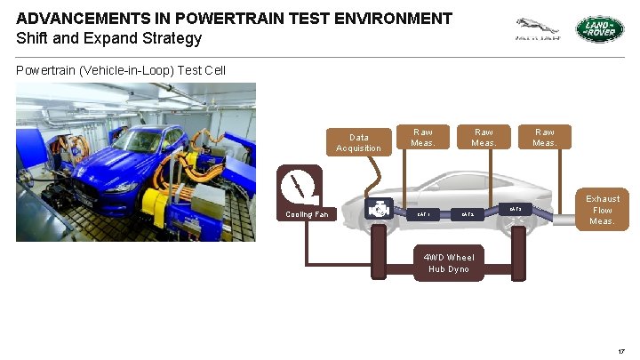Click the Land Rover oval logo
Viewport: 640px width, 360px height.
(x=600, y=29)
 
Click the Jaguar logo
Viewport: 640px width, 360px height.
(x=538, y=29)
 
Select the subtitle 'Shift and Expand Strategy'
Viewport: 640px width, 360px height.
(x=108, y=38)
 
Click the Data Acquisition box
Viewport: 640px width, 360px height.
(x=359, y=142)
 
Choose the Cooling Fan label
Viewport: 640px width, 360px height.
(x=307, y=214)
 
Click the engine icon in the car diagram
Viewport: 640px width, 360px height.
(x=379, y=211)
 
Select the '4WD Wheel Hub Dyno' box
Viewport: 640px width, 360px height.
(x=449, y=263)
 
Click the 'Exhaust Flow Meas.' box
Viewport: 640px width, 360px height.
(x=602, y=210)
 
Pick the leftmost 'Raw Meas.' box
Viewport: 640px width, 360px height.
(x=423, y=137)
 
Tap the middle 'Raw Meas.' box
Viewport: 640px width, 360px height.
(x=484, y=137)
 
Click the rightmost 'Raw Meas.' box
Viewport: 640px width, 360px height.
(x=544, y=137)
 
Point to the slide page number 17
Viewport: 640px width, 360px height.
(x=620, y=352)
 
